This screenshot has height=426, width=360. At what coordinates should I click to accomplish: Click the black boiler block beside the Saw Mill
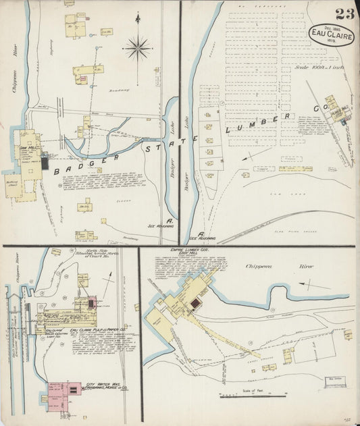point(45,163)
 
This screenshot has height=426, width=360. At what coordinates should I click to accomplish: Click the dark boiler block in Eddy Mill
point(195,305)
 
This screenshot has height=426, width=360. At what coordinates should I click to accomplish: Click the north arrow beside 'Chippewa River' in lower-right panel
point(317,284)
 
